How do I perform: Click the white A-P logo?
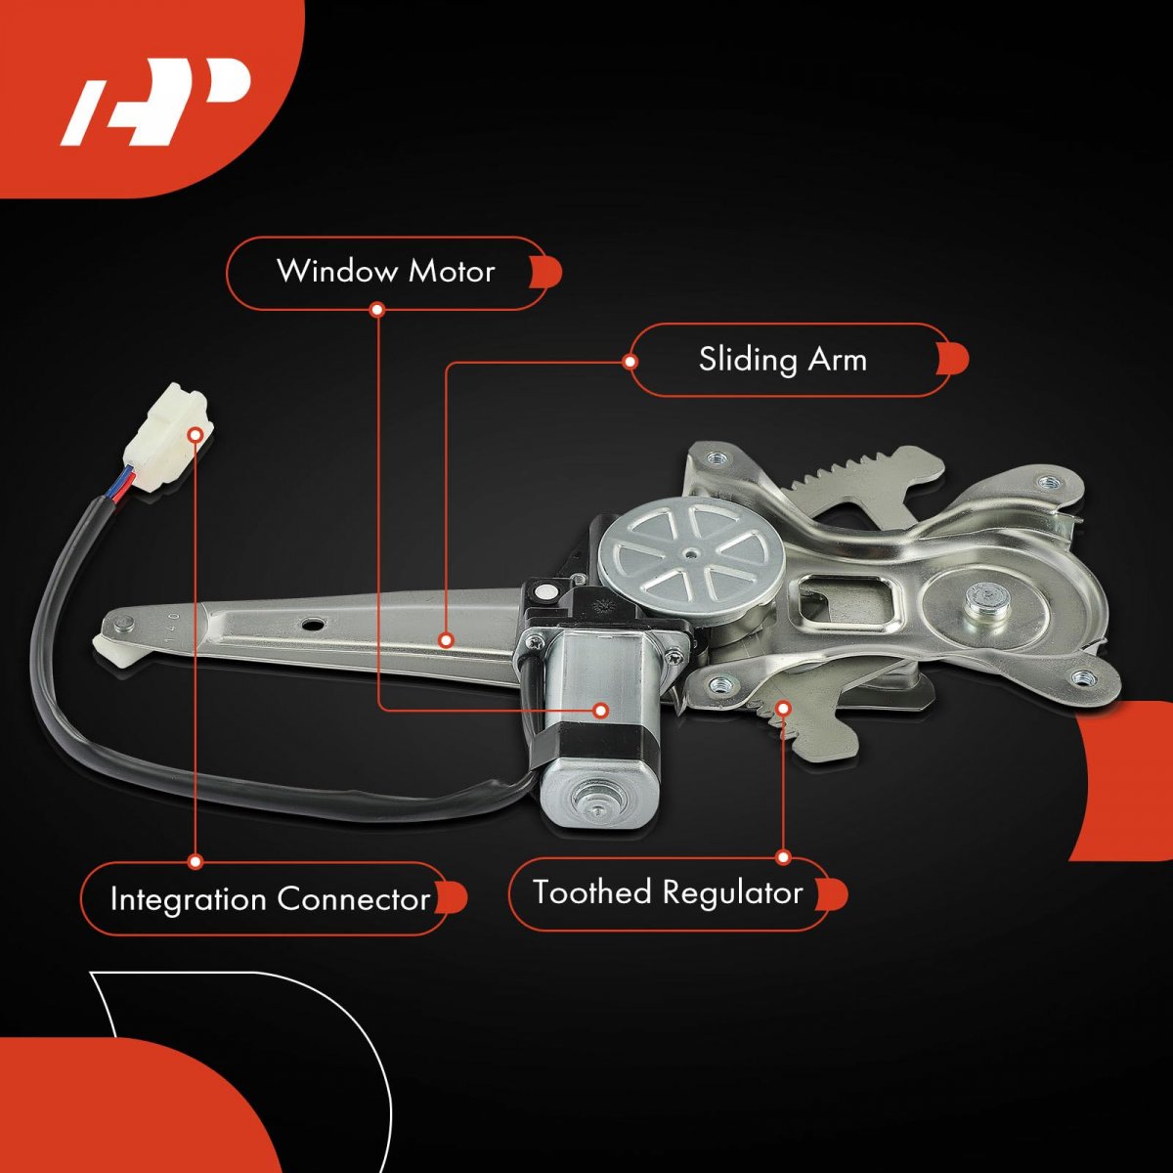(155, 102)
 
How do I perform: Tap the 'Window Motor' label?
(385, 272)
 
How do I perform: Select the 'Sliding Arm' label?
(782, 359)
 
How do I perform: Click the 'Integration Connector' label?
(270, 898)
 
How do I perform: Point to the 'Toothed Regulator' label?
(668, 892)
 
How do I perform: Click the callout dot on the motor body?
(601, 710)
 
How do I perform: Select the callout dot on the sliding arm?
(446, 639)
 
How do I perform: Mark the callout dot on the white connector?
(195, 435)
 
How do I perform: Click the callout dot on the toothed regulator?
(784, 708)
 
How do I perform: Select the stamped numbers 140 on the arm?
(172, 627)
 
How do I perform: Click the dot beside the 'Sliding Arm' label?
(630, 362)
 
